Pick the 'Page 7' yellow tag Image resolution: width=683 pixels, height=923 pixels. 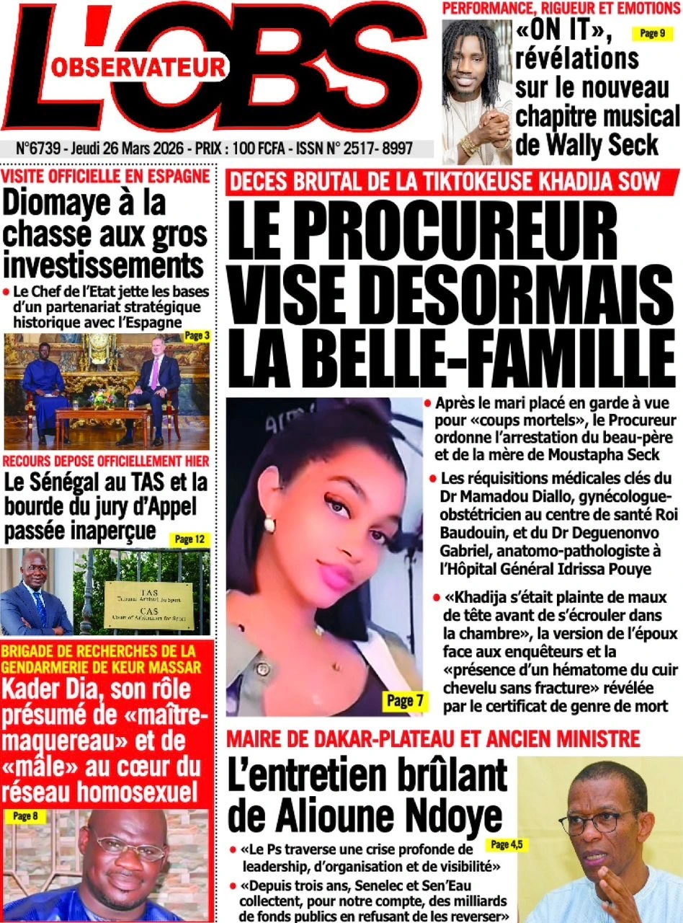coord(401,699)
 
